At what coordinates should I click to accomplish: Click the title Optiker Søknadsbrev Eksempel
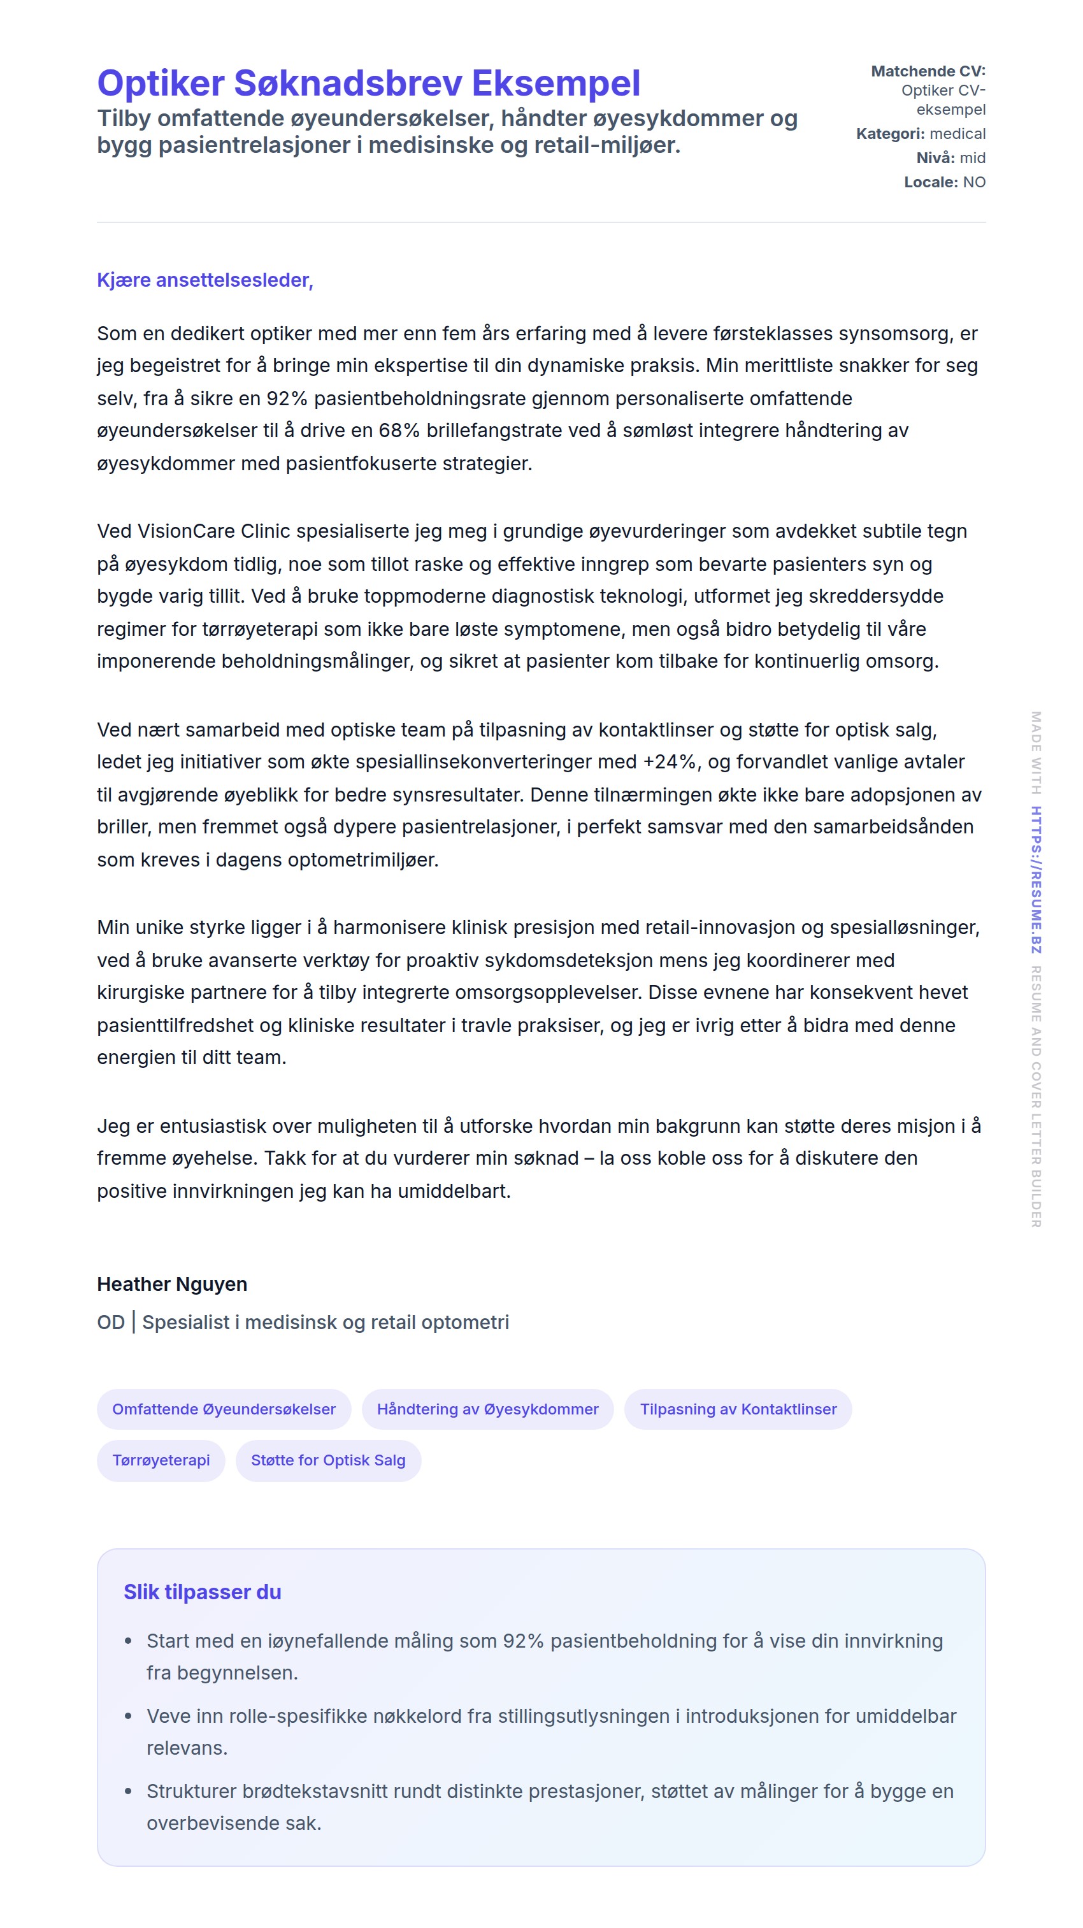click(368, 83)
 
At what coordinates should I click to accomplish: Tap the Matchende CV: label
click(928, 71)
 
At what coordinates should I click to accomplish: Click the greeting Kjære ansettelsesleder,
click(204, 280)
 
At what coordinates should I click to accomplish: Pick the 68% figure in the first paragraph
click(399, 430)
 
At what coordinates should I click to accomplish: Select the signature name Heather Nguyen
click(171, 1284)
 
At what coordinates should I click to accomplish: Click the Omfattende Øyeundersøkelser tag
click(224, 1409)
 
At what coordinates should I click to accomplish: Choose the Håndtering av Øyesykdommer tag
click(487, 1409)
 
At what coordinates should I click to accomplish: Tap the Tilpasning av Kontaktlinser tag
click(737, 1409)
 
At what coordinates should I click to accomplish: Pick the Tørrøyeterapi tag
click(161, 1460)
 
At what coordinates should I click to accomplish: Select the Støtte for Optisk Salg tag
click(328, 1460)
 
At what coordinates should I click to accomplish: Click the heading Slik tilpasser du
click(202, 1592)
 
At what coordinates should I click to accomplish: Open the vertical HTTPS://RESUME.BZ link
click(1036, 879)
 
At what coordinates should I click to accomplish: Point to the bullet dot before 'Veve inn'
click(128, 1716)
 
